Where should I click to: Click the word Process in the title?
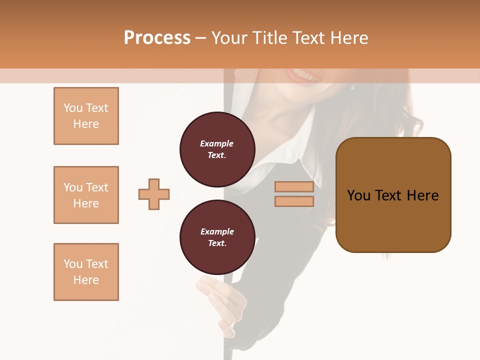(x=157, y=38)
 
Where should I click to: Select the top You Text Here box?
(x=86, y=116)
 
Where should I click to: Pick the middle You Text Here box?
(x=86, y=195)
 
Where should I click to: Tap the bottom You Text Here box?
(x=86, y=272)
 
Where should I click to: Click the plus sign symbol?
(x=154, y=194)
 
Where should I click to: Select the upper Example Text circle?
(x=217, y=149)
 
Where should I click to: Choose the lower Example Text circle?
(x=217, y=237)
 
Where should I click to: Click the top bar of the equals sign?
(x=294, y=187)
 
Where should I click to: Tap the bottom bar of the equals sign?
(x=294, y=201)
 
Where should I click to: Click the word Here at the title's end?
(x=349, y=38)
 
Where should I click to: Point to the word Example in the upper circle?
(x=217, y=143)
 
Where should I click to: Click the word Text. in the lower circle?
(x=217, y=243)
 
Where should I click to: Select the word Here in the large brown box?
(x=422, y=195)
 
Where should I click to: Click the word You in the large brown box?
(x=358, y=195)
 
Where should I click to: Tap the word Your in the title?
(x=229, y=38)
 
